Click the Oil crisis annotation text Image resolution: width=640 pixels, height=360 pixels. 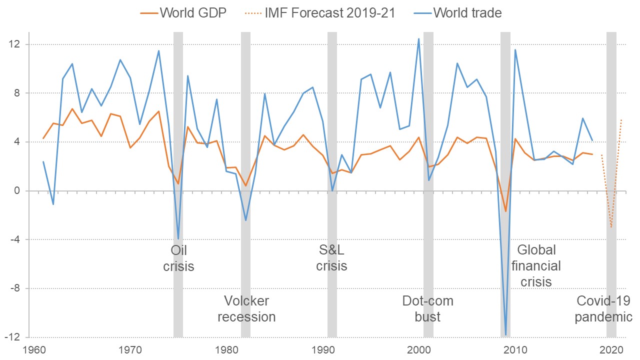[x=178, y=258]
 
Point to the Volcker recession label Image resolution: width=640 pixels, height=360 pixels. [x=246, y=308]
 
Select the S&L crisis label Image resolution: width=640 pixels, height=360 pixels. [x=331, y=258]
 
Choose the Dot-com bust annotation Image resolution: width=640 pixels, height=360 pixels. [x=428, y=308]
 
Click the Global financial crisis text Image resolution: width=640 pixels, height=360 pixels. [x=536, y=265]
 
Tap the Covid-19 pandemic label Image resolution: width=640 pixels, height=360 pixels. [x=603, y=308]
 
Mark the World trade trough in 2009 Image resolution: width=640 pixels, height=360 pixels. [x=505, y=334]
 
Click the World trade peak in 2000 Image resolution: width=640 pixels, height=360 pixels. [x=419, y=38]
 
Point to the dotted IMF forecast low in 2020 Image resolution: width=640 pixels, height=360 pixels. [x=611, y=227]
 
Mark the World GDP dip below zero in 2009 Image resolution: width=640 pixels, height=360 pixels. [x=505, y=211]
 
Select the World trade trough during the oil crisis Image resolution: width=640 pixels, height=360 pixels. [x=178, y=239]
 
